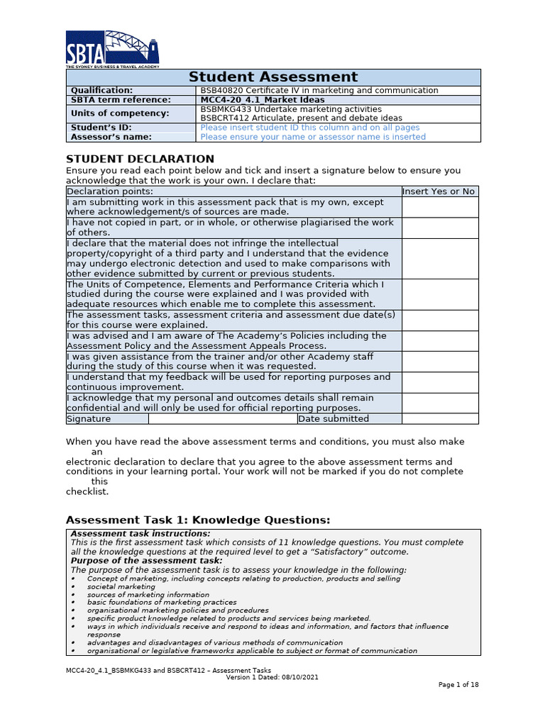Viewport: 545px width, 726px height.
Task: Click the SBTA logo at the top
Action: point(112,49)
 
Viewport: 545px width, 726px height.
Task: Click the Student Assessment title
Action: point(273,77)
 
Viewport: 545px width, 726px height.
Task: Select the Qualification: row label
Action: point(101,91)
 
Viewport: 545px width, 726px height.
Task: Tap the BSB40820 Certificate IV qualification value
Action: point(319,91)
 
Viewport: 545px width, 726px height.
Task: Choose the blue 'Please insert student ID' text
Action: point(310,128)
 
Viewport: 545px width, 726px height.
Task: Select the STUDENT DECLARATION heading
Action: point(140,159)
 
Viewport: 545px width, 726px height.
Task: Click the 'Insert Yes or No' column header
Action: point(439,191)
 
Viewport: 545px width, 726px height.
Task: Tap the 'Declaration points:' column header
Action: point(109,191)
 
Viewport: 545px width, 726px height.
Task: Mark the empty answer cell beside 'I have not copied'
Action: point(439,228)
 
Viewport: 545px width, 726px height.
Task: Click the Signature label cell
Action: point(89,419)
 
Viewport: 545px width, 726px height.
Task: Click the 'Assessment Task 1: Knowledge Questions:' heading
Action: point(198,520)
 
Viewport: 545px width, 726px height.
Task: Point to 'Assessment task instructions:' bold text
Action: point(141,534)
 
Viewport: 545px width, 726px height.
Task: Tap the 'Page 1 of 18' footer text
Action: point(458,685)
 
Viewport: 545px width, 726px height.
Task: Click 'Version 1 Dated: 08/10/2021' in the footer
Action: point(272,677)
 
